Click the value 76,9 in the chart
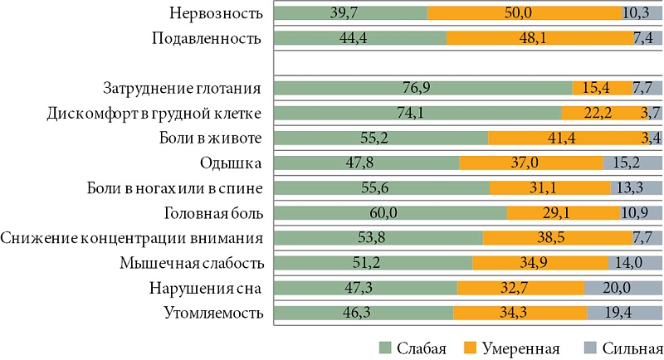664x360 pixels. (422, 89)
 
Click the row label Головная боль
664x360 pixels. (214, 214)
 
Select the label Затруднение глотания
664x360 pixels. (183, 89)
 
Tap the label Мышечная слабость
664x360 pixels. (204, 264)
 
